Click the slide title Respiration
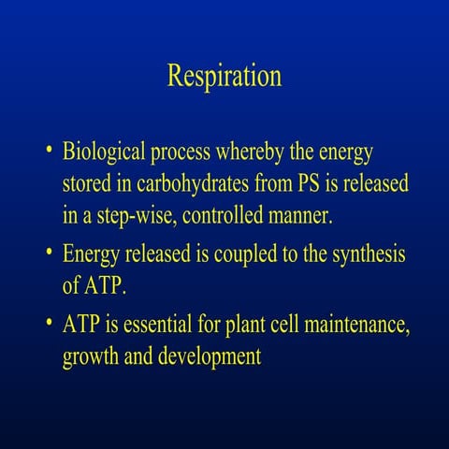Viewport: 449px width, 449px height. coord(224,76)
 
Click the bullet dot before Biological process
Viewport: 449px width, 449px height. coord(48,152)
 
